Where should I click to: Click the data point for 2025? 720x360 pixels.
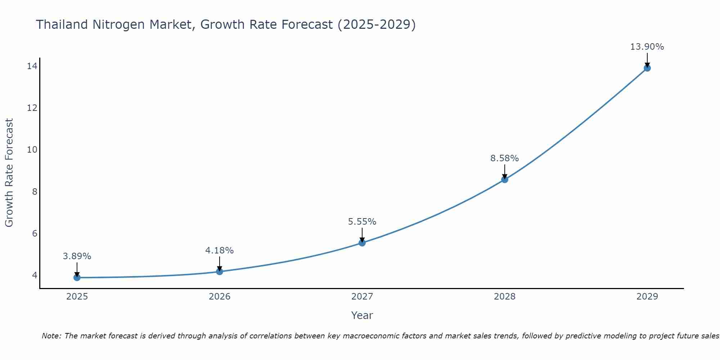77,278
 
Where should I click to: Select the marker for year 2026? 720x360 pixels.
220,271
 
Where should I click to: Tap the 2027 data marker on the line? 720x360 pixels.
362,243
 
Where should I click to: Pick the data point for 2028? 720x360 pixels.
505,179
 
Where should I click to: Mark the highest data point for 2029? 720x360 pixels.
647,68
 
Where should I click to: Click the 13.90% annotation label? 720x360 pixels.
647,47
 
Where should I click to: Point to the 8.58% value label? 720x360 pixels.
504,158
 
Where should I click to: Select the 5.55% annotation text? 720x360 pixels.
362,222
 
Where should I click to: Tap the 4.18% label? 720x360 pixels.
219,251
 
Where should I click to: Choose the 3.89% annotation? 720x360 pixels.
77,256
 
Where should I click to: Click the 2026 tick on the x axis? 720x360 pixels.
220,297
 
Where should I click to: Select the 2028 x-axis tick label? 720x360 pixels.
505,297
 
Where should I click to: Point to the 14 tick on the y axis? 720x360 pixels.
32,66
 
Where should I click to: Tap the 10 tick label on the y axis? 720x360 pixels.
32,150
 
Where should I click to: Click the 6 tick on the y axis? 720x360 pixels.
35,234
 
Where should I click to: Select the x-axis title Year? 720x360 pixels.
362,315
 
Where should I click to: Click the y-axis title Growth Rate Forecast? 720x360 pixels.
9,172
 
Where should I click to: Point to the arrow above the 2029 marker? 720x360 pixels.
647,60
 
